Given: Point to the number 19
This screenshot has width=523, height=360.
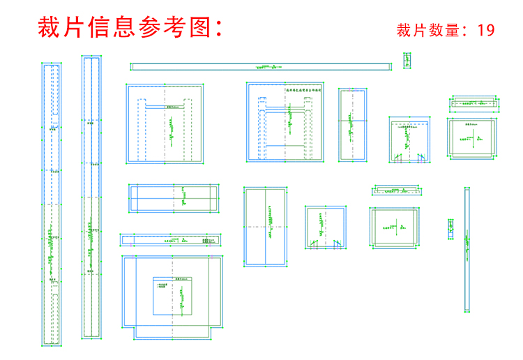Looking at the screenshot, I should [486, 30].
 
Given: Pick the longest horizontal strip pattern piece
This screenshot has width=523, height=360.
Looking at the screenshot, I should [261, 67].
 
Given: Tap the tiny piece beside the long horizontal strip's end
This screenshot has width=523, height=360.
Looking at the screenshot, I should [406, 61].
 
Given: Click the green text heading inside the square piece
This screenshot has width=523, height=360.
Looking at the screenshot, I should [305, 90].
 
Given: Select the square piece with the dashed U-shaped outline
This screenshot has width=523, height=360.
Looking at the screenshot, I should [165, 123].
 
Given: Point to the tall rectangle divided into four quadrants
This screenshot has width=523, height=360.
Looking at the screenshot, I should [266, 227].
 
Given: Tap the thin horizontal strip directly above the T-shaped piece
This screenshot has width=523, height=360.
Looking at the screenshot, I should [171, 240].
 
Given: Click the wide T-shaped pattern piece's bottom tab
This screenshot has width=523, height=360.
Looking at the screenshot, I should [173, 331].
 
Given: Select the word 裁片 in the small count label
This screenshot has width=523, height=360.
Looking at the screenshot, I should [411, 30].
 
